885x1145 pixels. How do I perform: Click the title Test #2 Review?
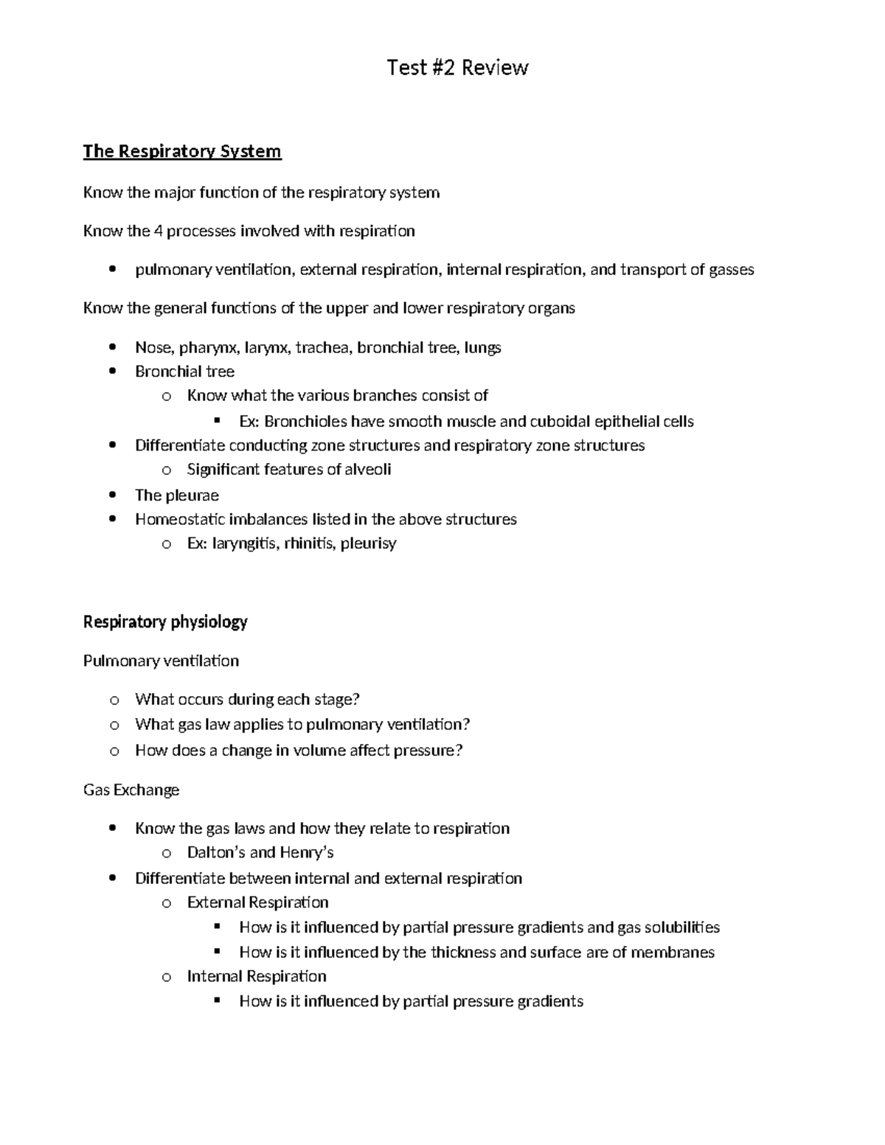coord(457,68)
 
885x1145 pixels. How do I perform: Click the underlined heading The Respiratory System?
coord(182,151)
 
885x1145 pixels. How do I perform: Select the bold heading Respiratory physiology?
coord(165,622)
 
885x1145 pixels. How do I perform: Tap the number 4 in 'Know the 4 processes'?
coord(158,232)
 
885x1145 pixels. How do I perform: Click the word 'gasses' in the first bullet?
coord(731,270)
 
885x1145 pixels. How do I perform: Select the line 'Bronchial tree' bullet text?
coord(184,372)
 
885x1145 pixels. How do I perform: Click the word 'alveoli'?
coord(368,470)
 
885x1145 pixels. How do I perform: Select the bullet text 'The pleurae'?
coord(177,495)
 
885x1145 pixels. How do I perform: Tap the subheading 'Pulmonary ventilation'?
coord(161,661)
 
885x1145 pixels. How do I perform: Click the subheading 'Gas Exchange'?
coord(131,790)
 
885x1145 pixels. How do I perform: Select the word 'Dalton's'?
coord(216,853)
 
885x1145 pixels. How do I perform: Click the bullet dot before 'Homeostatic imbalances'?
coord(112,519)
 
